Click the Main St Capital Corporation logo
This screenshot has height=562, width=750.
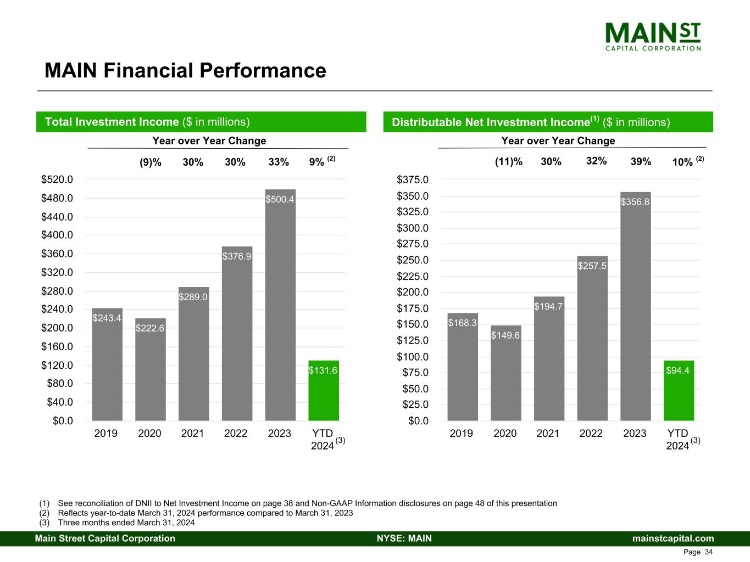653,37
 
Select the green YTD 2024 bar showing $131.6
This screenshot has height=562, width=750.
323,391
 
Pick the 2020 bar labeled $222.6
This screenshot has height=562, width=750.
150,370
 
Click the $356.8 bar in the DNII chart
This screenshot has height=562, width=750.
635,307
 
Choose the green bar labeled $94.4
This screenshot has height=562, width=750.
678,391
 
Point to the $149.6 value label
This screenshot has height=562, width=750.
505,335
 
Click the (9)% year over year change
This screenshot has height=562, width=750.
150,162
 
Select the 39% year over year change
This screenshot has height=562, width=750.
641,162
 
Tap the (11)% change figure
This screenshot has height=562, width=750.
509,162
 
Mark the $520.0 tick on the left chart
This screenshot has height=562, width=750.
57,179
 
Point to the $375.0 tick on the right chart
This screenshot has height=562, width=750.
413,179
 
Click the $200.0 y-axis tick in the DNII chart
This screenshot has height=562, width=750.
413,292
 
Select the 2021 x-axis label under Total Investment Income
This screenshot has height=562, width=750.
192,434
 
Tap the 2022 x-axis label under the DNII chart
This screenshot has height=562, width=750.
591,434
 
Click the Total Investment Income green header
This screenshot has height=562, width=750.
201,122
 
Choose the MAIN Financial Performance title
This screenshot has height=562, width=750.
185,71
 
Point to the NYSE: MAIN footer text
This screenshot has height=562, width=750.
404,538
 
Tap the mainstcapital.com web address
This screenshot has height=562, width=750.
673,538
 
